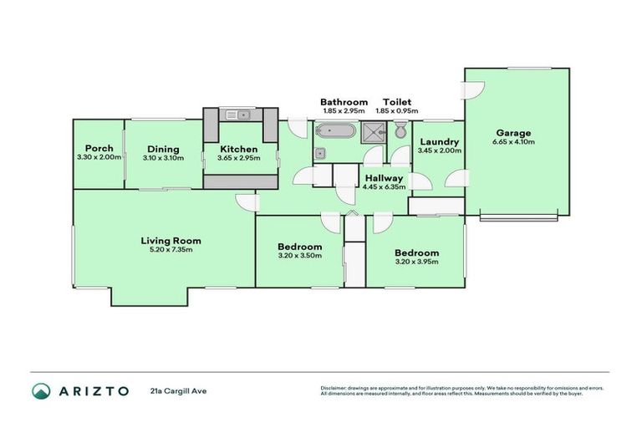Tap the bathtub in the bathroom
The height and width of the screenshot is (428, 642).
pyautogui.click(x=336, y=131)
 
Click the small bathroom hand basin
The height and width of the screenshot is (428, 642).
pyautogui.click(x=320, y=152)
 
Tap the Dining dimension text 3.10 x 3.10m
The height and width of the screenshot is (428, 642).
pyautogui.click(x=163, y=158)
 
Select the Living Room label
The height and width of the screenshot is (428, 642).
pyautogui.click(x=171, y=241)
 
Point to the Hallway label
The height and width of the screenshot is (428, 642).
pyautogui.click(x=384, y=178)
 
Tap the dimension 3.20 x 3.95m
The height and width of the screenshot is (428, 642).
pyautogui.click(x=416, y=262)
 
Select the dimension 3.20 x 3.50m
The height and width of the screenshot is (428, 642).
pyautogui.click(x=299, y=256)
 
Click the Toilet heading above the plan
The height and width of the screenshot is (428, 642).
pyautogui.click(x=396, y=102)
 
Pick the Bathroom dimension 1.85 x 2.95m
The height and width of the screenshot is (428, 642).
pyautogui.click(x=344, y=111)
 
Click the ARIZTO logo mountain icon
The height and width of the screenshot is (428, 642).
pyautogui.click(x=41, y=390)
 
